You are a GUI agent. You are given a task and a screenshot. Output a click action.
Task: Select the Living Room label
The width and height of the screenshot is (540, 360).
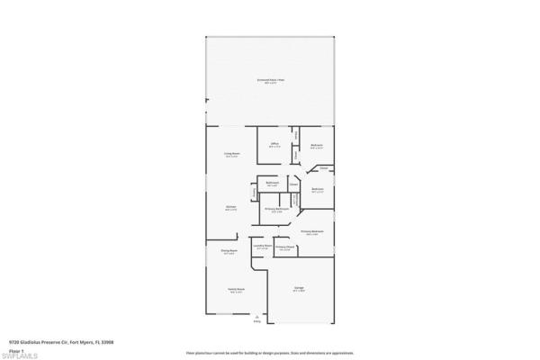point(231,155)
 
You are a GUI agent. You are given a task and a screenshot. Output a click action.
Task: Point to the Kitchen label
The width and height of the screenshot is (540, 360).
point(230,208)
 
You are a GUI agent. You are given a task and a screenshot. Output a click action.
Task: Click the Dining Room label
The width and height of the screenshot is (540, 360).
point(229,252)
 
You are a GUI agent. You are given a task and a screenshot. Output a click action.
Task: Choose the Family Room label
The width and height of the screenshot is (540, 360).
point(236,291)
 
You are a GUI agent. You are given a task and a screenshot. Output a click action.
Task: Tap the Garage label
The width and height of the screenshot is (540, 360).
point(299,290)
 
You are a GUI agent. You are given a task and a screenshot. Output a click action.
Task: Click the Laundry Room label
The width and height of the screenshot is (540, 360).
point(262,247)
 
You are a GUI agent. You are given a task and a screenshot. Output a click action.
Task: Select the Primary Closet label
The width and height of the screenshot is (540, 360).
point(285,248)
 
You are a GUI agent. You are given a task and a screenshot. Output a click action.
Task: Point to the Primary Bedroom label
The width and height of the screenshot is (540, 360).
point(312,231)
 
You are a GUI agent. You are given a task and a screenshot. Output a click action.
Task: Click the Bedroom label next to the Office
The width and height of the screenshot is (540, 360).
point(317,147)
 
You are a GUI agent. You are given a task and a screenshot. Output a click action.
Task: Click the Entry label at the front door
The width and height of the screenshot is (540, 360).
point(258,321)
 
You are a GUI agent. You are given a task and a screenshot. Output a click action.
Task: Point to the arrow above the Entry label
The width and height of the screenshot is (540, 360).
point(258,316)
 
